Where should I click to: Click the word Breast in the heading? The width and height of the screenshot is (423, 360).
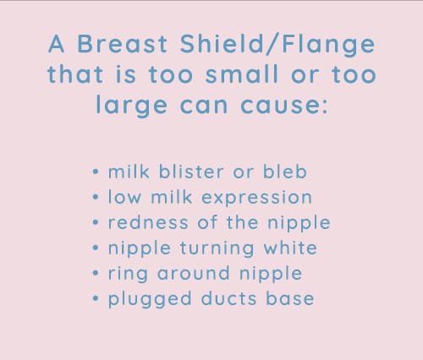(x=123, y=44)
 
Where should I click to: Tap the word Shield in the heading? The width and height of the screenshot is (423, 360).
(x=222, y=44)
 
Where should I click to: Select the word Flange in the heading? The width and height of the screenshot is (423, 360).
(x=328, y=45)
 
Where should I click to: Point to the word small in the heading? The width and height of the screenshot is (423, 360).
(x=242, y=74)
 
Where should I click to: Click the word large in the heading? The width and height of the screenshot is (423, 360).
(x=132, y=106)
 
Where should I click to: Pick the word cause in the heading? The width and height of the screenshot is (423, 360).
(x=284, y=106)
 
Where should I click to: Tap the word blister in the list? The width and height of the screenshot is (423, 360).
(x=191, y=172)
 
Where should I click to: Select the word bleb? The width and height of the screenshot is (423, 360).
(x=285, y=172)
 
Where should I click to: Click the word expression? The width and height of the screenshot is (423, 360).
(x=257, y=198)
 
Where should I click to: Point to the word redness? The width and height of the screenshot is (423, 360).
(x=148, y=222)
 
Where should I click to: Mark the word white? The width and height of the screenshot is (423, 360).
(x=290, y=248)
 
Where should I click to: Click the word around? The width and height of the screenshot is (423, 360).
(x=194, y=273)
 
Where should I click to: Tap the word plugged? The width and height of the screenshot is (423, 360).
(x=150, y=300)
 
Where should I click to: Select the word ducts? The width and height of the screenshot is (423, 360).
(x=229, y=298)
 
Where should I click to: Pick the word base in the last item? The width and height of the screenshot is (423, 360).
(x=290, y=298)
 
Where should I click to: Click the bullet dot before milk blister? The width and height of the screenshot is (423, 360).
(x=96, y=172)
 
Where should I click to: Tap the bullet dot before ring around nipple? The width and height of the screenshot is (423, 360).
(x=96, y=273)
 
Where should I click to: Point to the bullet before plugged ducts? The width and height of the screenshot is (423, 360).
(x=96, y=298)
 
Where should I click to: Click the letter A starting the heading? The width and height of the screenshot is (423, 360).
(x=57, y=44)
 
